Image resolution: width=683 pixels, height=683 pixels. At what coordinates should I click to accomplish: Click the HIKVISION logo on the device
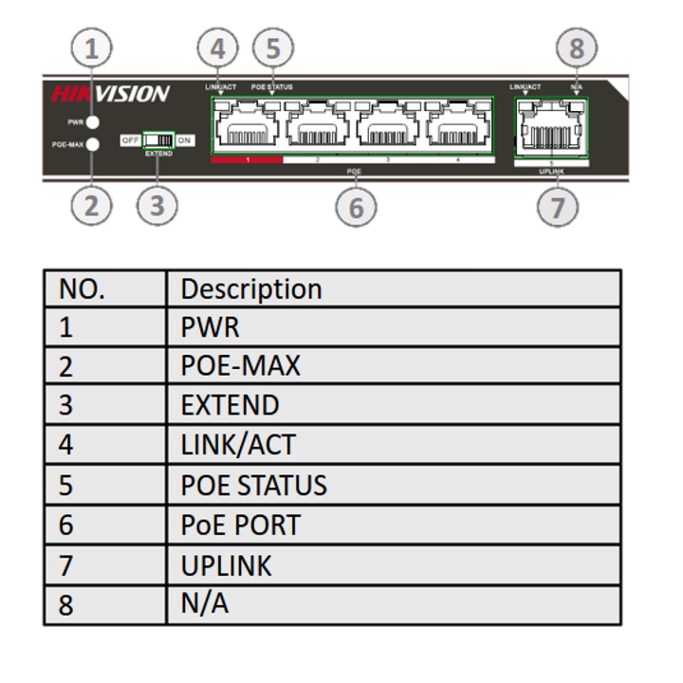coord(110,94)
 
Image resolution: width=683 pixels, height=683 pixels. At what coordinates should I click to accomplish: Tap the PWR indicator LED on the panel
coord(93,122)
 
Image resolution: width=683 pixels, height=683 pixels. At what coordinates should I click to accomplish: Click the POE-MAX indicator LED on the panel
coord(93,145)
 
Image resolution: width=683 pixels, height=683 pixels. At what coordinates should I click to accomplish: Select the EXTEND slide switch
coord(158,140)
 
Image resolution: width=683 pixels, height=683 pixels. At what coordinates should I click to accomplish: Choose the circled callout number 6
coord(356,206)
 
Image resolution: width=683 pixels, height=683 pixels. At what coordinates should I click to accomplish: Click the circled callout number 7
coord(557,206)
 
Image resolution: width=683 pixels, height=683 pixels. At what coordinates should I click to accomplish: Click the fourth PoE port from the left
coord(458,127)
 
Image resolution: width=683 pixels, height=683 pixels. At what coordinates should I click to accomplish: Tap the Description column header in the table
coord(251,288)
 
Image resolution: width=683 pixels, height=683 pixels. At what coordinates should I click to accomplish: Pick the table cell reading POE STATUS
coord(253,485)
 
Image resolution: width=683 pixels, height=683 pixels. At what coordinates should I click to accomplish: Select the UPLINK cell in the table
coord(226,565)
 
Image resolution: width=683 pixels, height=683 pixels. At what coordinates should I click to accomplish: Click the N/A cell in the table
coord(204,604)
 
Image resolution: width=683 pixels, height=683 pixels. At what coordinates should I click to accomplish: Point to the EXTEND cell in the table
coord(230,405)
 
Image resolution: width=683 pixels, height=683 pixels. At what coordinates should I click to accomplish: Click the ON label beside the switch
coord(184,140)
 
